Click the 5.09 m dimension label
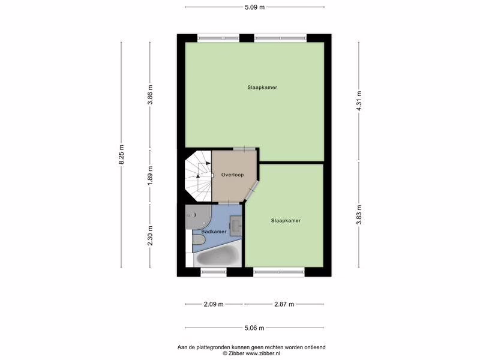pos(254,7)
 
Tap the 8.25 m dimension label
pos(121,154)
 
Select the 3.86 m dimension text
pos(150,94)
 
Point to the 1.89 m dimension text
pos(150,176)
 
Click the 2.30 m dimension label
pos(150,236)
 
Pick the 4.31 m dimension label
pos(359,101)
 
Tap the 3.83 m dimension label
pos(359,215)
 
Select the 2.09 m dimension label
pos(214,304)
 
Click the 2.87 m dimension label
pos(284,304)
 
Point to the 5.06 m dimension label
pos(254,328)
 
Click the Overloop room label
pos(233,175)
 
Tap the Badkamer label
pos(214,232)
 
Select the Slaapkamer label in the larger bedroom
pos(262,87)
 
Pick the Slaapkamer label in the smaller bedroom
pos(286,220)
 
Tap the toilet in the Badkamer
pos(199,240)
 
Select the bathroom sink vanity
pos(236,226)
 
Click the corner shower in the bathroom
pos(197,217)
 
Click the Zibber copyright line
pos(251,353)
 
